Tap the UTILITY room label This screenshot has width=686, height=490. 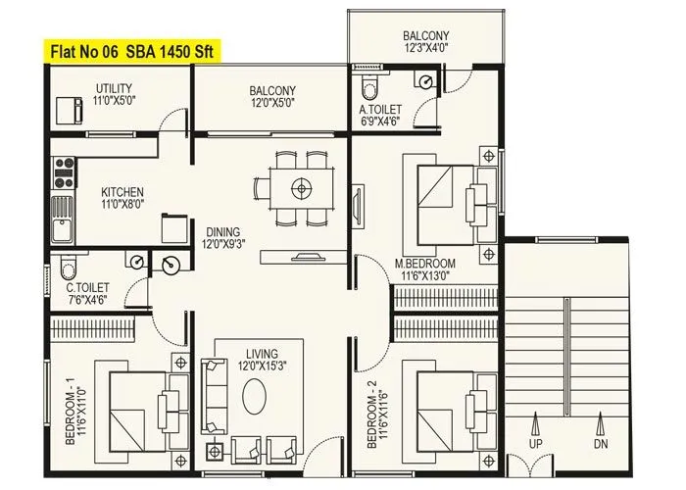(114, 90)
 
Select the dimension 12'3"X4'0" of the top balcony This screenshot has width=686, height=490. (424, 47)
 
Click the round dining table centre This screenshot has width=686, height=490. (302, 186)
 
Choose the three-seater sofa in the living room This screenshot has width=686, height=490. (211, 396)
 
